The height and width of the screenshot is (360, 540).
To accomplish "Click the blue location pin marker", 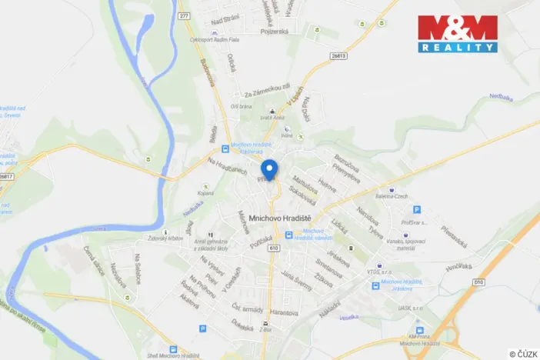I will (x=268, y=168).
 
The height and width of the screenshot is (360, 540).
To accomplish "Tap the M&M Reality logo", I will (x=458, y=34).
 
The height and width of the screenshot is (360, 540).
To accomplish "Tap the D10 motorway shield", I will (x=478, y=282).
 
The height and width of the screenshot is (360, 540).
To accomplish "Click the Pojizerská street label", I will (x=274, y=32).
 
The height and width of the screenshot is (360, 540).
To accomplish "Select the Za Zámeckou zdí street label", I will (x=264, y=91).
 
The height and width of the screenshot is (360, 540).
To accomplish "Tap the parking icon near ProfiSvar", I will (x=417, y=209).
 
